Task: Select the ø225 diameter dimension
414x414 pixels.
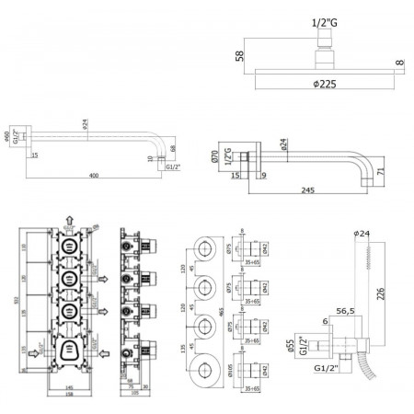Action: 321,91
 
